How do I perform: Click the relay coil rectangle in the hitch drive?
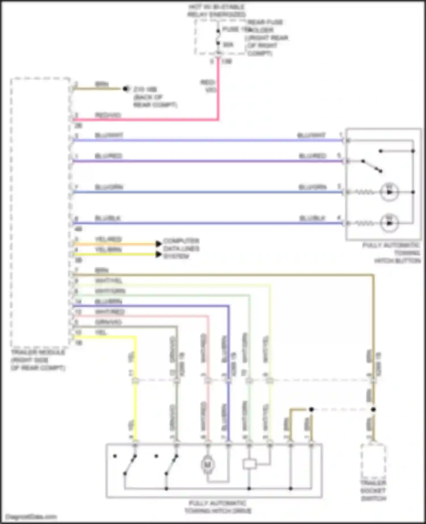249,464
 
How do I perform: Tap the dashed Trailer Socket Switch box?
373,461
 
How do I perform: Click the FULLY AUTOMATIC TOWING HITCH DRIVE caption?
218,507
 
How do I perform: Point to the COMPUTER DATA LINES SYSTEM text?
181,249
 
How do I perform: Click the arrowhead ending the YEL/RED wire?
158,244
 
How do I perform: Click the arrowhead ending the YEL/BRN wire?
158,254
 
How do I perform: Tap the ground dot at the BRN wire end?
125,89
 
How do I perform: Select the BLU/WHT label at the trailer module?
109,135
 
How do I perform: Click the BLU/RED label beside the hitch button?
312,156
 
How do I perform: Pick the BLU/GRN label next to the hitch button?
312,187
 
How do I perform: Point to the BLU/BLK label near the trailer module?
108,218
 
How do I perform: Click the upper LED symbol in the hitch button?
389,192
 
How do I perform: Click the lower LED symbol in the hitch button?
389,223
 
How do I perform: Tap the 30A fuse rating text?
228,45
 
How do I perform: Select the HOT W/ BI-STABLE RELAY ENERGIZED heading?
216,11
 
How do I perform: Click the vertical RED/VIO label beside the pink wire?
209,86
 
